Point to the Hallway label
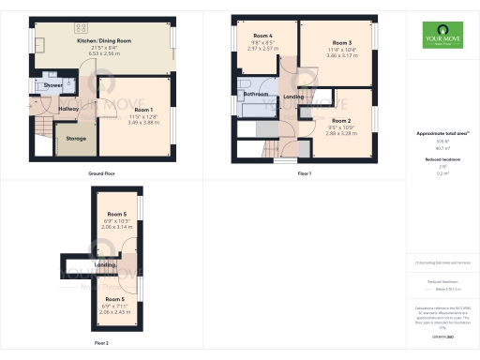pyautogui.click(x=68, y=110)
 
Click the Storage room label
pyautogui.click(x=76, y=139)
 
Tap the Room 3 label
pyautogui.click(x=341, y=42)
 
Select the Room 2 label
pyautogui.click(x=341, y=121)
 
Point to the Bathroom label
pyautogui.click(x=256, y=95)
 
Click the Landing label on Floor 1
pyautogui.click(x=292, y=97)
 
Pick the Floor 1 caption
pyautogui.click(x=304, y=173)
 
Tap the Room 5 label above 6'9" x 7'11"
pyautogui.click(x=116, y=299)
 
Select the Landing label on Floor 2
pyautogui.click(x=105, y=265)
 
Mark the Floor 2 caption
pyautogui.click(x=101, y=343)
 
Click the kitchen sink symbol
pyautogui.click(x=40, y=45)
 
